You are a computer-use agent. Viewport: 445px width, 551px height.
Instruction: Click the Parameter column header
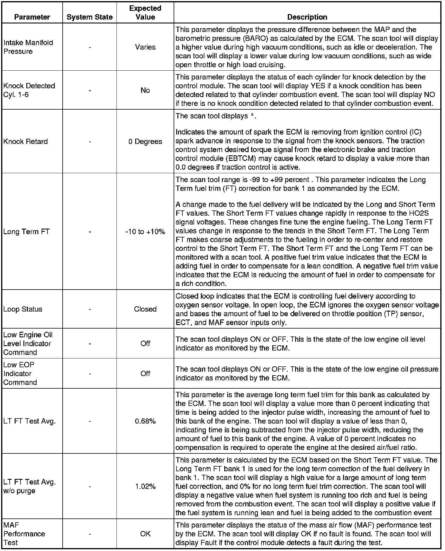32,17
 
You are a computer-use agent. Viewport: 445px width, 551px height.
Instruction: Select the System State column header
90,17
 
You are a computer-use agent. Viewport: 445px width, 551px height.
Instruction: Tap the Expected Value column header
145,13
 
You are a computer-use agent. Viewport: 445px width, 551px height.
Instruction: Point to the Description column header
307,17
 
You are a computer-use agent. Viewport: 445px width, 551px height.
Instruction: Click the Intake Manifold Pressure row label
28,47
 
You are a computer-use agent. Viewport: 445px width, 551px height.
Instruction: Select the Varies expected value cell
145,47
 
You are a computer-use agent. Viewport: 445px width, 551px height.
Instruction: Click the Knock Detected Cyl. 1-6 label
29,90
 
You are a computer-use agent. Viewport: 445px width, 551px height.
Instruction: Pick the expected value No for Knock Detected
145,90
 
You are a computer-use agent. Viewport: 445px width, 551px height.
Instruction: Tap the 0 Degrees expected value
145,142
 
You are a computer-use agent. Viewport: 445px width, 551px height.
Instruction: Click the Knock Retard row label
25,142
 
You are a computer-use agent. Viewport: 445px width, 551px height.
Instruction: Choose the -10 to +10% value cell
145,232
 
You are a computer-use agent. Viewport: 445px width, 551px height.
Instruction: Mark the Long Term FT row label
27,232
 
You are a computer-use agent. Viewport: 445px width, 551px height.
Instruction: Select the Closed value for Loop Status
145,309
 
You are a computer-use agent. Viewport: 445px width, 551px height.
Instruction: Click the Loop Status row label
23,309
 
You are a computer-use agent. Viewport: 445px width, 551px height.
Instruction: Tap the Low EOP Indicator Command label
20,374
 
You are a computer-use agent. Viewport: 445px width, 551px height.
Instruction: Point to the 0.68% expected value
145,421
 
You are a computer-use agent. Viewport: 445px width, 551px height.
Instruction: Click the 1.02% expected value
145,487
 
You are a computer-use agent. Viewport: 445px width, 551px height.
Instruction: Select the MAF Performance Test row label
24,534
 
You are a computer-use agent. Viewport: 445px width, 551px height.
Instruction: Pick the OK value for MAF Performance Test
145,534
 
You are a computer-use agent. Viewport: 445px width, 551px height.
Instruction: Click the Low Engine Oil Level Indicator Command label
28,343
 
